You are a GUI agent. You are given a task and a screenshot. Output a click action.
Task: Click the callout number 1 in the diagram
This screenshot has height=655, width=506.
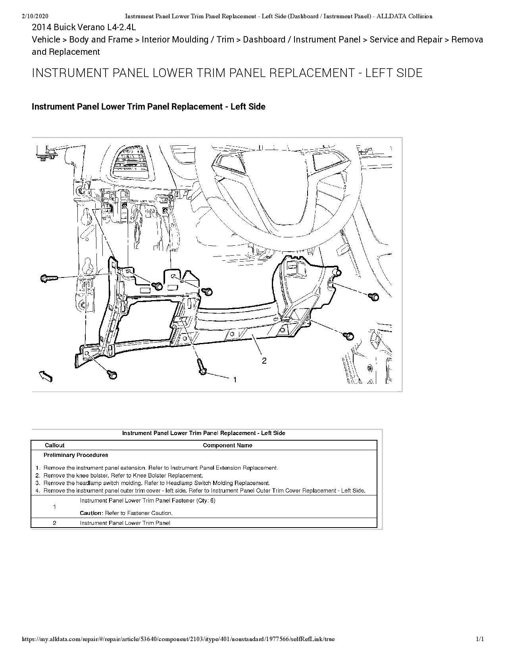coord(235,380)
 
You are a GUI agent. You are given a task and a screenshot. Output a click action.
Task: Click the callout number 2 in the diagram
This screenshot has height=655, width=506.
coord(264,360)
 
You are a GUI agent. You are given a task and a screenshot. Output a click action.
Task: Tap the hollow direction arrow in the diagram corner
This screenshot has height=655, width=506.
coord(46,376)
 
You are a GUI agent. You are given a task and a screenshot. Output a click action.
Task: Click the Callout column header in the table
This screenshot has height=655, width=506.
coord(54,445)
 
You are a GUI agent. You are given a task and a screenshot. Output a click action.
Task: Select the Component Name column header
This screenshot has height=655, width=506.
coord(227,445)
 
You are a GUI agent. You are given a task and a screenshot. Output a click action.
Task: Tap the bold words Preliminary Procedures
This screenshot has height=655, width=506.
coord(76,455)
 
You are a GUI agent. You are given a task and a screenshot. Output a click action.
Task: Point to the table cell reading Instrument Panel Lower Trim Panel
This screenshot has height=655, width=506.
coord(125,523)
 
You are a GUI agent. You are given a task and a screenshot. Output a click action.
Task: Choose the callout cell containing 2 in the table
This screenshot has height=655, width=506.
coord(54,523)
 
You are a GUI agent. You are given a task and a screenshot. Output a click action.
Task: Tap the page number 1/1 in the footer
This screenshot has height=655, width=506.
coord(480,639)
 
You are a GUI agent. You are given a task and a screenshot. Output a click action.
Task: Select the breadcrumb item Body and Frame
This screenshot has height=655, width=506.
coord(101,39)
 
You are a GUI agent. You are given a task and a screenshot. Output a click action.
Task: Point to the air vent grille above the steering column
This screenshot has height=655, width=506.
coord(131,163)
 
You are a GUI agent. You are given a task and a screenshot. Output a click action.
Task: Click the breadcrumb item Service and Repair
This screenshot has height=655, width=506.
coord(406,39)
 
